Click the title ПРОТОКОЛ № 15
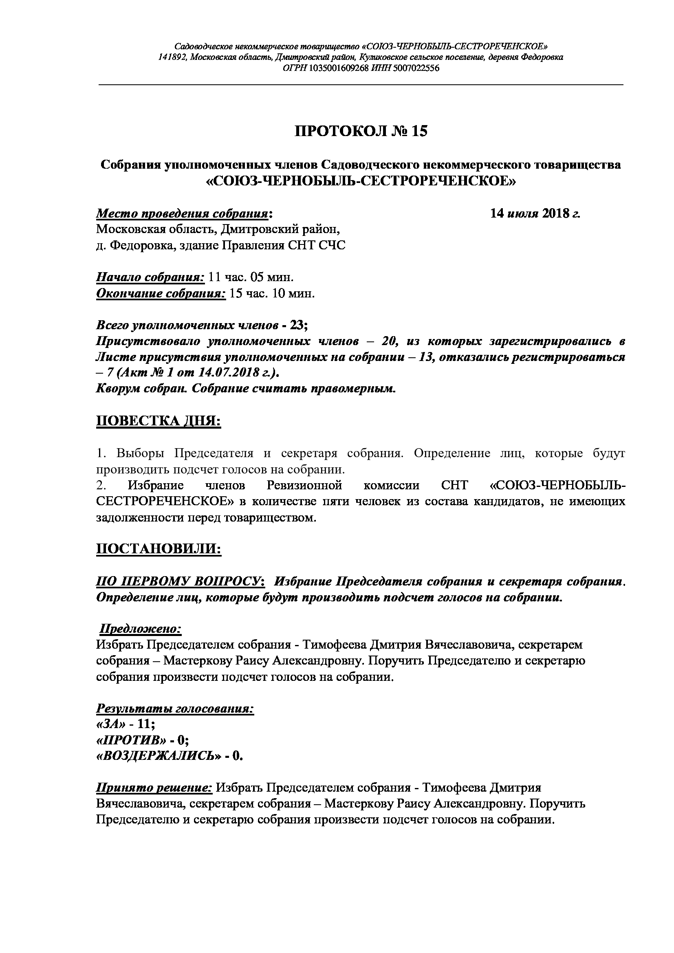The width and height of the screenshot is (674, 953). [x=361, y=131]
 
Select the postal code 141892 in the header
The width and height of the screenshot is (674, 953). [x=172, y=57]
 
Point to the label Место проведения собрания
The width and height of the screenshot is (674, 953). [x=183, y=214]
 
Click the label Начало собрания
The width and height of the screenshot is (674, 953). [x=150, y=277]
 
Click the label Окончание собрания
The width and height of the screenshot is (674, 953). [x=161, y=294]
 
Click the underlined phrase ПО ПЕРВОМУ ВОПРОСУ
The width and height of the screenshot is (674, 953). [x=179, y=581]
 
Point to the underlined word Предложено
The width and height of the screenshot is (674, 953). [x=140, y=629]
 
